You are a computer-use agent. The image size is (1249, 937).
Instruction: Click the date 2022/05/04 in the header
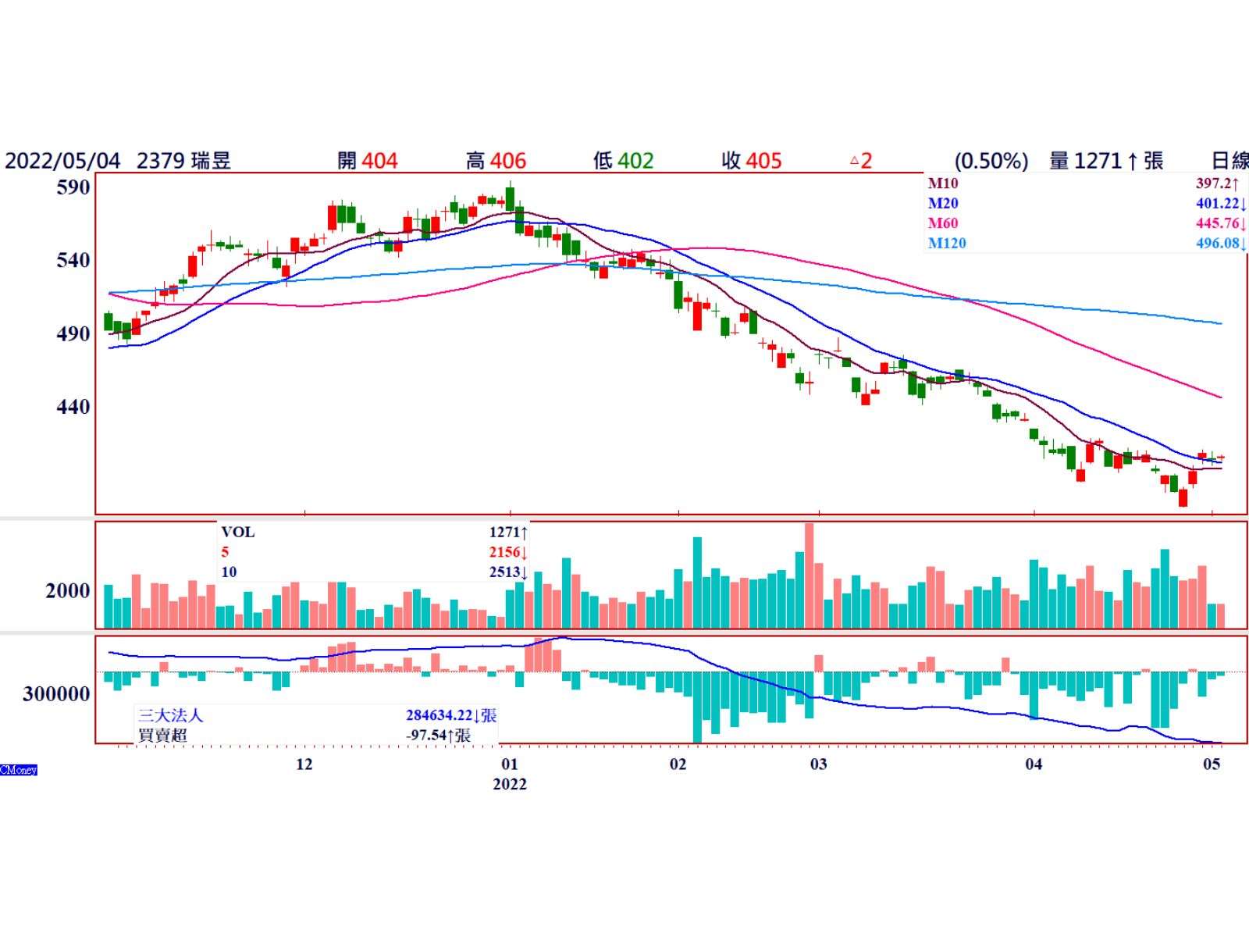(x=62, y=161)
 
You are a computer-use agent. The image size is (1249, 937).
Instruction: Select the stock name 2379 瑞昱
(x=184, y=161)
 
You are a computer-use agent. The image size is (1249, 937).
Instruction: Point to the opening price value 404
(x=379, y=161)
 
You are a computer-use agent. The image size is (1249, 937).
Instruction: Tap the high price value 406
(x=508, y=161)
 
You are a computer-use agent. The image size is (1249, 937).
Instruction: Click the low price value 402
(x=635, y=161)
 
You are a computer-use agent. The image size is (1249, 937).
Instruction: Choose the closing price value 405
(x=763, y=161)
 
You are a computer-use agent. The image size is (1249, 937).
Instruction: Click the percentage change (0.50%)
(x=991, y=161)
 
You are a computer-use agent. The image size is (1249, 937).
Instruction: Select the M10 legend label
(x=943, y=183)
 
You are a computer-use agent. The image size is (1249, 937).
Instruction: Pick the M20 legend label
(x=943, y=203)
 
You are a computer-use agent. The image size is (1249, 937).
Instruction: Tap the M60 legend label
(x=943, y=223)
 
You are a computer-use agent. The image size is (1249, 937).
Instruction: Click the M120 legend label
(x=947, y=243)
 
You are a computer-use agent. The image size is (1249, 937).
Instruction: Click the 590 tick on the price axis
(x=74, y=187)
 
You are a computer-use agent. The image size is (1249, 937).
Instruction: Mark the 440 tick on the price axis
(x=74, y=407)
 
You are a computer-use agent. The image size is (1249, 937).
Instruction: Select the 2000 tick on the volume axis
(x=68, y=591)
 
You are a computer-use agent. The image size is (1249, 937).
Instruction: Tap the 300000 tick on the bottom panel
(x=57, y=693)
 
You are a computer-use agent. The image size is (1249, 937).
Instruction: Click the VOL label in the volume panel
(x=238, y=532)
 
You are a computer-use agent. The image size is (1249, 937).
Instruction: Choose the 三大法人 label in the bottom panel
(x=171, y=715)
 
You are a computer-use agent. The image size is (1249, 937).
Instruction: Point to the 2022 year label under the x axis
(x=510, y=784)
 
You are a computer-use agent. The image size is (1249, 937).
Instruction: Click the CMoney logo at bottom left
(x=19, y=770)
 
